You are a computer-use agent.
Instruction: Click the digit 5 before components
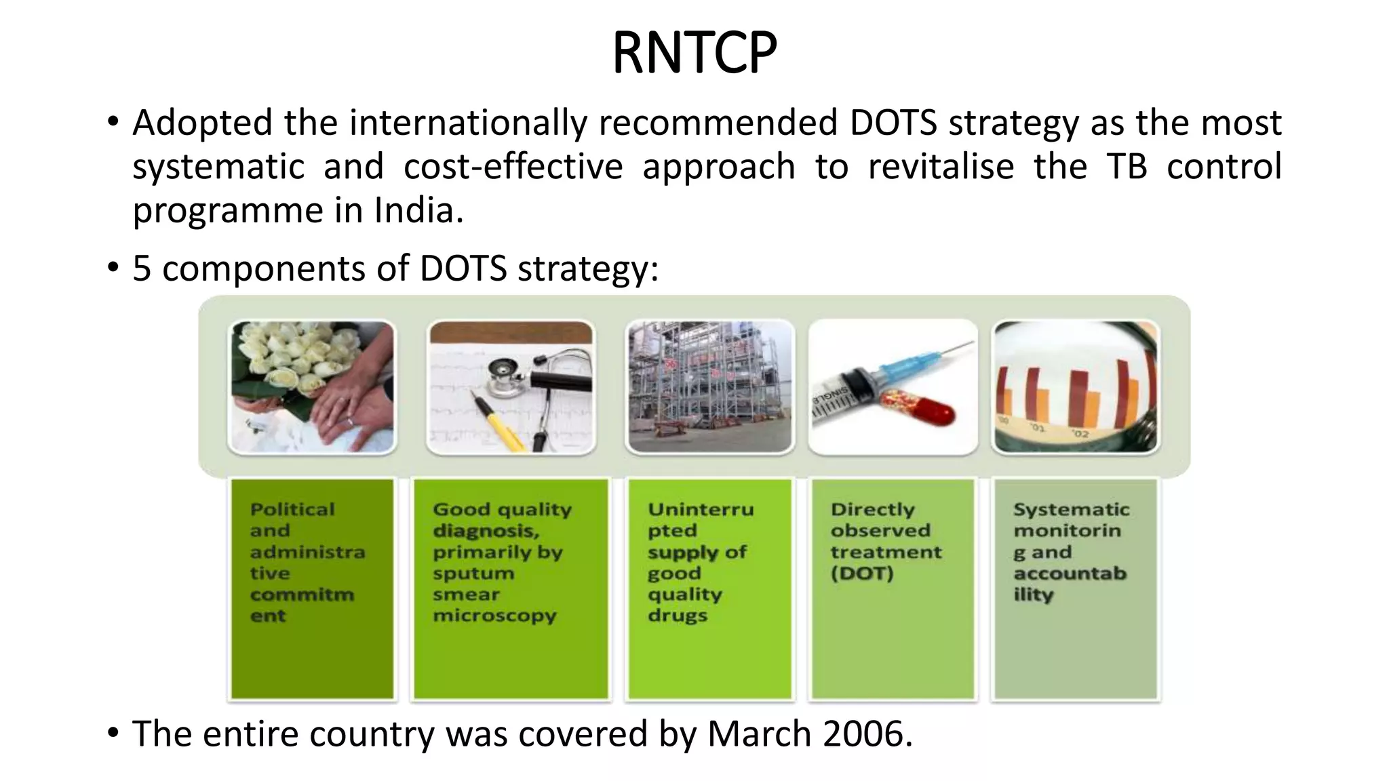click(x=141, y=268)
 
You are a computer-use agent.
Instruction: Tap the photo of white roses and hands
click(x=312, y=386)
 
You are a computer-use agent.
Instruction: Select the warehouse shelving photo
click(x=709, y=386)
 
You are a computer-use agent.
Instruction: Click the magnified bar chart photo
click(x=1076, y=386)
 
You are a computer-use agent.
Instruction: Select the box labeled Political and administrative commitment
click(x=312, y=588)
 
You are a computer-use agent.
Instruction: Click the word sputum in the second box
click(x=473, y=574)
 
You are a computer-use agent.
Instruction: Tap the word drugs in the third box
click(x=677, y=616)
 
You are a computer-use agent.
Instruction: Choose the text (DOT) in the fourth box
click(x=861, y=574)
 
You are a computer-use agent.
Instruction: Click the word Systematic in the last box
click(x=1071, y=509)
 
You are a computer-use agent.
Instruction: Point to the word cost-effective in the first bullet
click(x=513, y=167)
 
